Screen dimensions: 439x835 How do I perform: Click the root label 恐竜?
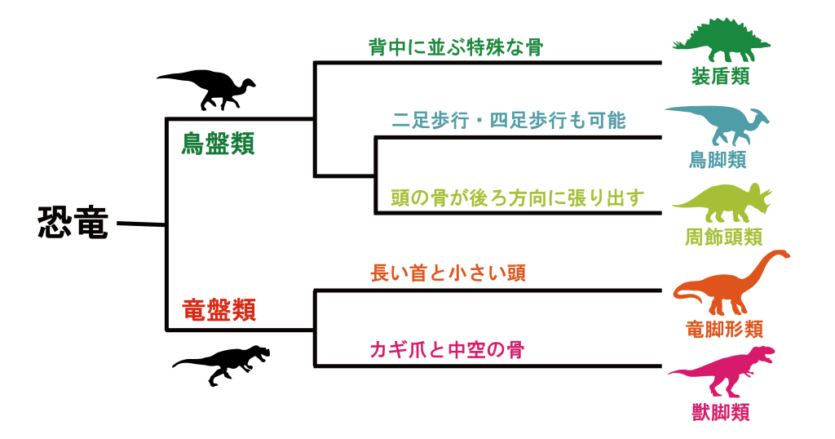73,223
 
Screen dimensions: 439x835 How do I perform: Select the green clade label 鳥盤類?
218,144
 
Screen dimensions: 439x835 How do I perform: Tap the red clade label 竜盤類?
219,310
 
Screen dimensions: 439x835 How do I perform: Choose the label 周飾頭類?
723,237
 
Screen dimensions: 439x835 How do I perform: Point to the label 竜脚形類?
724,329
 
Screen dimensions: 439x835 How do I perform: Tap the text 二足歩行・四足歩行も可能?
508,122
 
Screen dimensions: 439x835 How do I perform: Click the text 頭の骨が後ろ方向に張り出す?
518,197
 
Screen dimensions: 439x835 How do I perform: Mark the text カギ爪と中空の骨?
446,351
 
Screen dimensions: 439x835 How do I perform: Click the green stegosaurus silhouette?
722,40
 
